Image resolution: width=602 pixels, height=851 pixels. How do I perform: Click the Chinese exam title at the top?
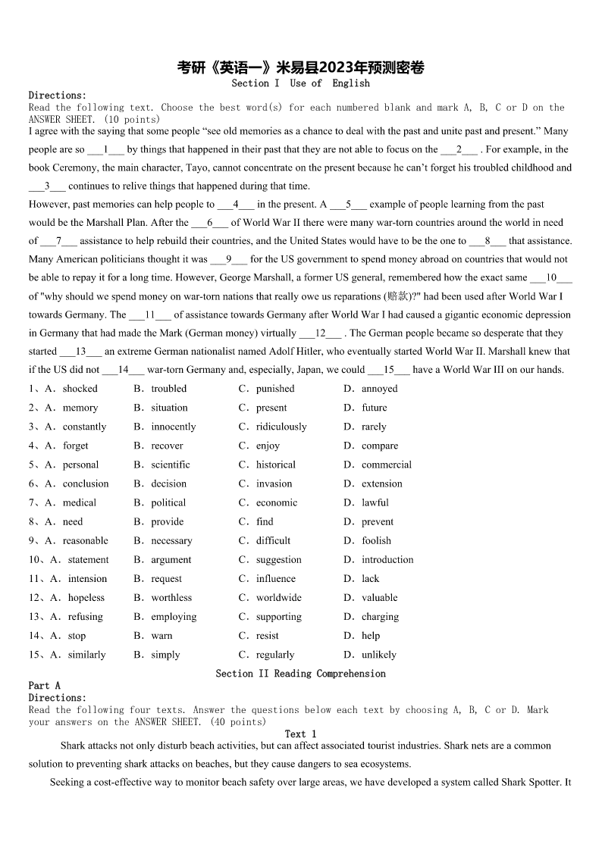[x=300, y=68]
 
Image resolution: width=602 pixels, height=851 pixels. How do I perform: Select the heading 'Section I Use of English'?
[x=300, y=83]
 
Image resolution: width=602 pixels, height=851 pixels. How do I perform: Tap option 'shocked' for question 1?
[x=80, y=389]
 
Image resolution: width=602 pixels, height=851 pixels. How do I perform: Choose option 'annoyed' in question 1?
[x=379, y=389]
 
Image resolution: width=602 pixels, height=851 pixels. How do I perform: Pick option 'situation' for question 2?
[x=169, y=408]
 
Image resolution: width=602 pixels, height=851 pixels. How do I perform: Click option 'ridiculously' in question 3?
[x=281, y=427]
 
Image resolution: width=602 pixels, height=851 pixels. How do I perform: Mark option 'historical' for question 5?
[x=275, y=465]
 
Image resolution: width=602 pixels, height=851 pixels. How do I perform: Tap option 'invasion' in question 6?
[x=274, y=483]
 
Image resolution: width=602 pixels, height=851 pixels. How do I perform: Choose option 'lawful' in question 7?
[x=375, y=502]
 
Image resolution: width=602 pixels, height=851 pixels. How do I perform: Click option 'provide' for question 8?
[x=167, y=521]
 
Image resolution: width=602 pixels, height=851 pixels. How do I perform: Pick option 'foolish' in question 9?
[x=376, y=540]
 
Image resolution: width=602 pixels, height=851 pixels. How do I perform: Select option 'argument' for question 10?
[x=171, y=560]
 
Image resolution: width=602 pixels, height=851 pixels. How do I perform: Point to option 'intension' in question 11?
[x=87, y=579]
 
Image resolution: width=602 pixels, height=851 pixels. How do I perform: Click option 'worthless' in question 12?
[x=171, y=598]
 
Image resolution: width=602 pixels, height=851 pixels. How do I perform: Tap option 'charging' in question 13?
[x=380, y=617]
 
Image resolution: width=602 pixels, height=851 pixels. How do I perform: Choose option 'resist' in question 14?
[x=267, y=636]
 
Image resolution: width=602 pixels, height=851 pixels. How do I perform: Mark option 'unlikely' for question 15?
[x=378, y=655]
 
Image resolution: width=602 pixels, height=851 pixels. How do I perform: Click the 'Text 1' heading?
[x=300, y=734]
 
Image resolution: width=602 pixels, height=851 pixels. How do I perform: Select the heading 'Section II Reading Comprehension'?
[x=300, y=674]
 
